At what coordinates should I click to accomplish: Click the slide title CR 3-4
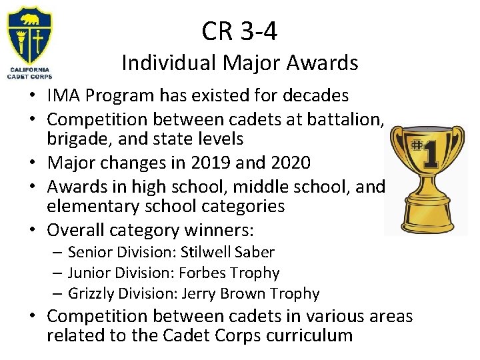(x=239, y=30)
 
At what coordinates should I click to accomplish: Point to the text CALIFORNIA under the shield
(x=29, y=70)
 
